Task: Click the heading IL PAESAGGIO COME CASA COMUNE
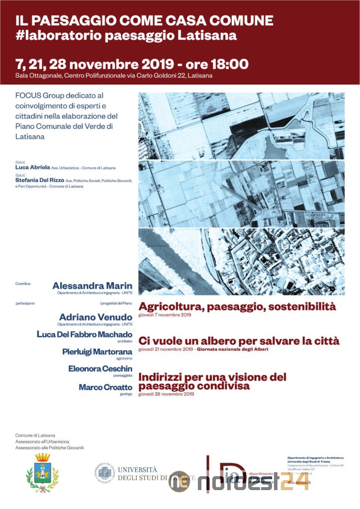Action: [144, 20]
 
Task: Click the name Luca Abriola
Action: [32, 168]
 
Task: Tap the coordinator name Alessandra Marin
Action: [92, 286]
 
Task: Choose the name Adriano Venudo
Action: [95, 317]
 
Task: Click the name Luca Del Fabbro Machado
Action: [85, 334]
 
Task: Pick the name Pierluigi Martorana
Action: [97, 352]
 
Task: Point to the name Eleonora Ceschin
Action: [100, 369]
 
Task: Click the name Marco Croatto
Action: [105, 387]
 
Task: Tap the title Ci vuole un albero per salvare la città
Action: [239, 341]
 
